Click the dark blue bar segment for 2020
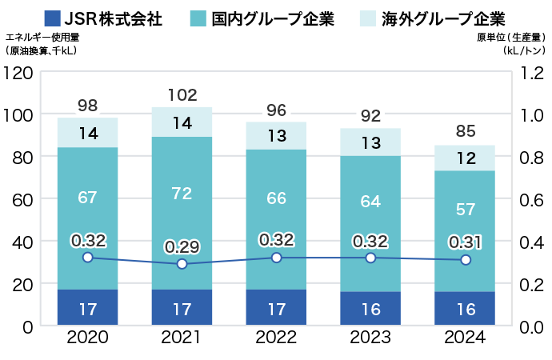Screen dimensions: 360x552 point(88,307)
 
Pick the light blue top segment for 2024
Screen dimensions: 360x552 point(465,158)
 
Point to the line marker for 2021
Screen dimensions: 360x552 point(182,264)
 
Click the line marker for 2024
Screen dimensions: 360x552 point(465,260)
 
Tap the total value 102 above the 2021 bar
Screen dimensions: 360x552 point(182,95)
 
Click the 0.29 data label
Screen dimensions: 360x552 point(182,246)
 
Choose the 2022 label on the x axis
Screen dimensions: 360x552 point(276,338)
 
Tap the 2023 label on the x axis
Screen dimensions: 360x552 point(370,338)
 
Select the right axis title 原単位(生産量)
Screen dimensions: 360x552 point(510,37)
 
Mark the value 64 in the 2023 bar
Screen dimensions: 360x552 point(370,202)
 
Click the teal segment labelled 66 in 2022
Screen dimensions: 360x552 point(276,198)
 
